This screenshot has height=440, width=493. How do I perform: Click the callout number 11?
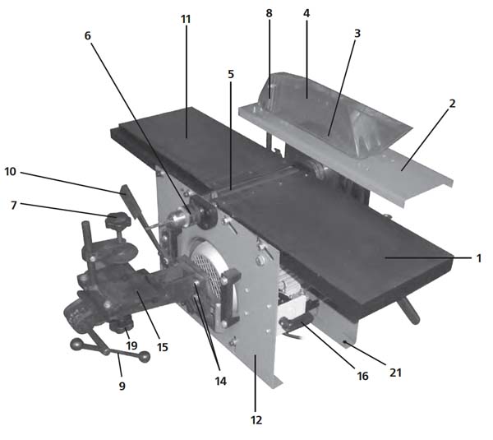pos(186,19)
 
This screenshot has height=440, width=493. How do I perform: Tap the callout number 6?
pos(87,36)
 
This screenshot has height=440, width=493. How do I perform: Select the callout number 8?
pos(269,13)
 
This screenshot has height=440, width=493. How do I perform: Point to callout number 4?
pos(306,13)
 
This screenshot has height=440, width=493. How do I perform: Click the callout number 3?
pos(357,34)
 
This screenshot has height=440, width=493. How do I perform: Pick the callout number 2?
pos(452,104)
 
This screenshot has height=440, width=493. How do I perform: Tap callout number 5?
pos(231,74)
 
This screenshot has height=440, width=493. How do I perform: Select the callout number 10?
pos(10,172)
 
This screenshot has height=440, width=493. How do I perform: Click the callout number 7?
pos(13,206)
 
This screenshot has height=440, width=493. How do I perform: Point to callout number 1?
pos(479,259)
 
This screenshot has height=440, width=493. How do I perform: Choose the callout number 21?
pos(396,373)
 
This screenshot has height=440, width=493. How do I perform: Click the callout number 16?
pos(362,376)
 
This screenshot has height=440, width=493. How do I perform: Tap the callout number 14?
pos(220,381)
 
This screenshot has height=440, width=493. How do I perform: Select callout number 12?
pos(256,420)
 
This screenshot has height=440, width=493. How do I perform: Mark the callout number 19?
pos(131,345)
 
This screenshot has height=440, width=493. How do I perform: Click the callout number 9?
pos(122,386)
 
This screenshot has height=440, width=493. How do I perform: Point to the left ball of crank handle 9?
pos(76,344)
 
